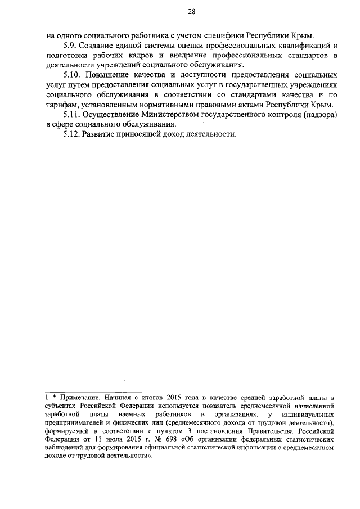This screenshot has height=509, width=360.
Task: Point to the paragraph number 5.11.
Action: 73,115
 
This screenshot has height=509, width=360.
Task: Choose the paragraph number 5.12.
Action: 73,135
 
